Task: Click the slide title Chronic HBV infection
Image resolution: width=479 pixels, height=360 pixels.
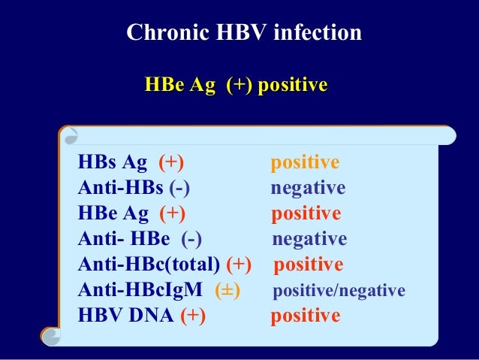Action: coord(243,33)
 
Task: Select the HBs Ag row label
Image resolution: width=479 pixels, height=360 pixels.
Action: coord(113,163)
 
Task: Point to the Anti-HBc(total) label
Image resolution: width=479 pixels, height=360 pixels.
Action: coord(149,265)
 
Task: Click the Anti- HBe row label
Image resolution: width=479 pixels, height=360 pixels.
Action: coord(124,239)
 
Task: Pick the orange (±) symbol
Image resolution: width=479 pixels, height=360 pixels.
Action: coord(227,290)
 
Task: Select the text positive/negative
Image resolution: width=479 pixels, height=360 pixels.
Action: coord(339,291)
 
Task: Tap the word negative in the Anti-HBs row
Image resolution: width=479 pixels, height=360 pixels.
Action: coord(308,188)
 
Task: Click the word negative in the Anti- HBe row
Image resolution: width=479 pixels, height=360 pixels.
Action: coord(309,239)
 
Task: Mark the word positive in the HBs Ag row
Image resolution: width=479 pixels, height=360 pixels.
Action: coord(305,163)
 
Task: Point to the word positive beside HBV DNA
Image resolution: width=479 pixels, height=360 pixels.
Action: coord(305,316)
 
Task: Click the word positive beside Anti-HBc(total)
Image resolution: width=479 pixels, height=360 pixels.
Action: coord(308,265)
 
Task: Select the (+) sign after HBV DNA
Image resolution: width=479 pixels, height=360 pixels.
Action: coord(193,316)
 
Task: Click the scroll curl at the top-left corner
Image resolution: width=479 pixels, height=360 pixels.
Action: coord(69,136)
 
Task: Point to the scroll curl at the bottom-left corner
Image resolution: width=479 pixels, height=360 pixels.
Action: coord(51,336)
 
